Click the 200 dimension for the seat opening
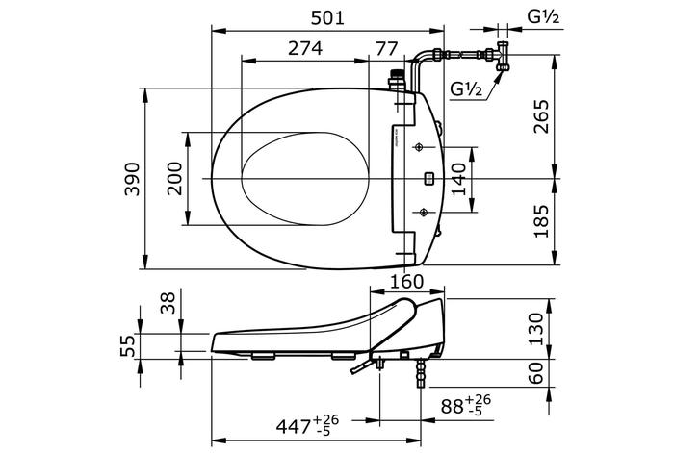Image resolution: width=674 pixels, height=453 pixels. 174,179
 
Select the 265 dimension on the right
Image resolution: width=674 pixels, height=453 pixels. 542,117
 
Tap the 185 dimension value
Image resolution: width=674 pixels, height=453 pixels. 542,221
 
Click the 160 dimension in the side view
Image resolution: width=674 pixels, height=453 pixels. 405,283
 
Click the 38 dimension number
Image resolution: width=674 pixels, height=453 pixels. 168,305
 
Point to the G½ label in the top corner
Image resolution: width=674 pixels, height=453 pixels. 541,16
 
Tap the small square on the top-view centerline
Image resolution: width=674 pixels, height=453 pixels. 428,178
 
